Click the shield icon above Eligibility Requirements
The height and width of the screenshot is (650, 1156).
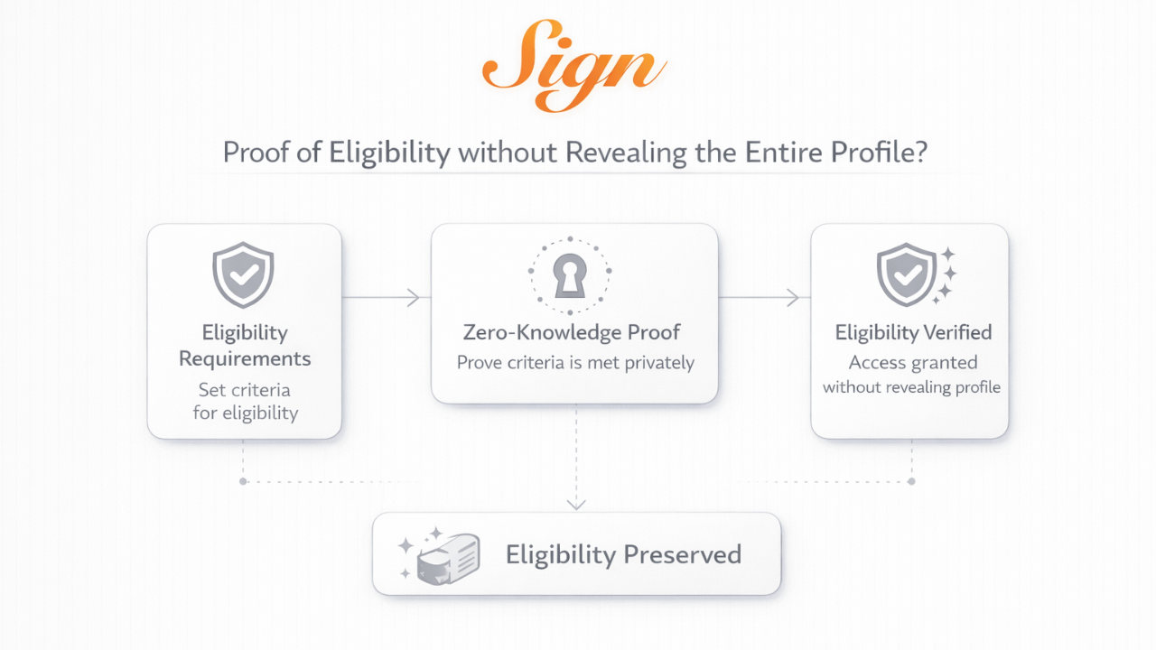pos(243,274)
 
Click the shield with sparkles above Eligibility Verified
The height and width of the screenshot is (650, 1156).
pos(908,274)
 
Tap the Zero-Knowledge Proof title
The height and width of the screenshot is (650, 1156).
pos(572,332)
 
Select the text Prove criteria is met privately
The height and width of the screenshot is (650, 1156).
pos(575,363)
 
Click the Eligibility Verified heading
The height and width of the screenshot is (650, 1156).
pos(913,332)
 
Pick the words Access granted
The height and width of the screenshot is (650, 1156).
pos(913,362)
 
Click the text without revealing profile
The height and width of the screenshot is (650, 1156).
pos(911,387)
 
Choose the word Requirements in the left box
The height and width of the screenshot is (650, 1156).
pos(245,358)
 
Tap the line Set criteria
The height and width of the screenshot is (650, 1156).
pos(245,390)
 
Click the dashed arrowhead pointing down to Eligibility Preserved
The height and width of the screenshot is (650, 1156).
pos(576,503)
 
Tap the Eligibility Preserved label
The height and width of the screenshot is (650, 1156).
pos(623,553)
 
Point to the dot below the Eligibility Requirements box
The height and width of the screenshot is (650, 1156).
pos(243,481)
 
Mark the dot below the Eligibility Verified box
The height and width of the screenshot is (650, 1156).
pos(911,481)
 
